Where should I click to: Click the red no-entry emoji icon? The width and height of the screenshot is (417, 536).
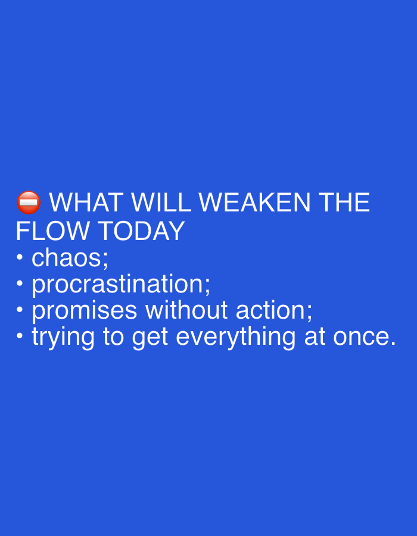coord(29,202)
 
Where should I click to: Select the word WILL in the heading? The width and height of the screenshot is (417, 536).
coord(161,202)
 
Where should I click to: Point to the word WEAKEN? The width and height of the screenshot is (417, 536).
coord(254,202)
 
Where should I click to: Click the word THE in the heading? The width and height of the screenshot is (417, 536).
coord(344,202)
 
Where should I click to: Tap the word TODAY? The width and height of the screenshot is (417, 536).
coord(142,231)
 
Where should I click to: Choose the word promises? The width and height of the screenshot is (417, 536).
coord(85,311)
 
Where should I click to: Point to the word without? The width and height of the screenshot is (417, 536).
coord(186,310)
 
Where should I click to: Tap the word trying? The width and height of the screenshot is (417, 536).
coord(63,338)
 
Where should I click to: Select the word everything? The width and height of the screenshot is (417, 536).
coord(235,338)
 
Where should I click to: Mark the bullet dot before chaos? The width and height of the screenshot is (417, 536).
coord(20,257)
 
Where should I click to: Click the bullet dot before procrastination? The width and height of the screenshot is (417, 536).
coord(20,283)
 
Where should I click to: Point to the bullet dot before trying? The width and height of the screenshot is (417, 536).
coord(20,336)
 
